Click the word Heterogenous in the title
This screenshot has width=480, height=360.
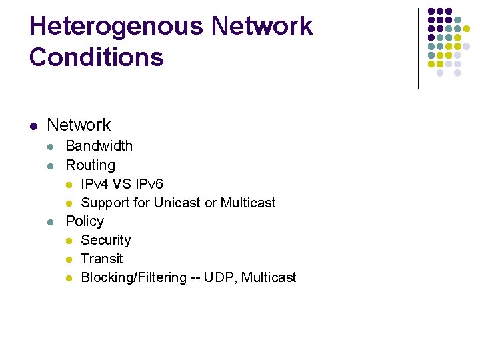pos(116,27)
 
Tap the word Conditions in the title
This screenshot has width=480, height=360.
pos(96,57)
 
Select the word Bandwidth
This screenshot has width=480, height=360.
pos(99,146)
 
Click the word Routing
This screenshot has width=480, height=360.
pos(90,165)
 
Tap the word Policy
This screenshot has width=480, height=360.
pos(85,221)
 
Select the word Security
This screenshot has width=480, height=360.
pos(105,240)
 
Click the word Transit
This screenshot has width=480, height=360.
pos(101,259)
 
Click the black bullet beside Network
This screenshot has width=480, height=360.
pos(33,125)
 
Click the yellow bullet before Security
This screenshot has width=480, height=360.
pos(69,241)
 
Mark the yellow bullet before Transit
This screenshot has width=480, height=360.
pos(69,259)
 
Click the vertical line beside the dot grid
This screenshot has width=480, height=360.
pos(418,48)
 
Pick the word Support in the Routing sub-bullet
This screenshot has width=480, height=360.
pos(105,203)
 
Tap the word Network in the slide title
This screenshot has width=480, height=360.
pos(261,27)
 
